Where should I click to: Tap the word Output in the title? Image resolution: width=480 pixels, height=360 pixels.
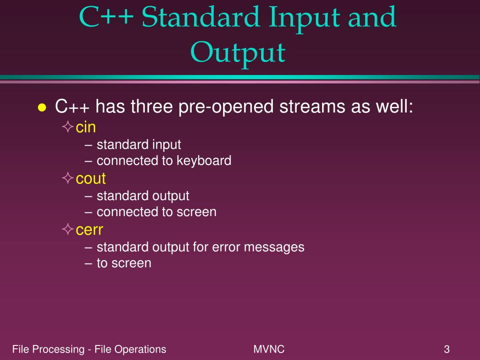(x=238, y=52)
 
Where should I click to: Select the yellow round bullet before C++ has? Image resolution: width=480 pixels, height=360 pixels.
(x=42, y=108)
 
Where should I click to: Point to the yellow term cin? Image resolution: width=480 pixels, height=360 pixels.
(x=86, y=127)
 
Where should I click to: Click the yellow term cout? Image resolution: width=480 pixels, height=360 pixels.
(x=91, y=179)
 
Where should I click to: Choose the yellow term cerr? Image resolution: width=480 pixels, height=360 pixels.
(x=90, y=230)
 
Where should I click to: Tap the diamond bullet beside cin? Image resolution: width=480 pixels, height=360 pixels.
(x=68, y=127)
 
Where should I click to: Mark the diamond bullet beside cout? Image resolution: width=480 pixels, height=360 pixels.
(x=68, y=178)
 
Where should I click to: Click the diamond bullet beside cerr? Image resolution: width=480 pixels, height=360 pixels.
(x=68, y=230)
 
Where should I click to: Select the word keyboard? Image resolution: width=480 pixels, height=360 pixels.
(x=204, y=161)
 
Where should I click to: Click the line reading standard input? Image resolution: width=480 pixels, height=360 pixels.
(x=134, y=144)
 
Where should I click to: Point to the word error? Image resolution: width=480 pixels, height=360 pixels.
(x=208, y=247)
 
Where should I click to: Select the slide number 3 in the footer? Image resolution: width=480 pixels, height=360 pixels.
(x=447, y=349)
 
